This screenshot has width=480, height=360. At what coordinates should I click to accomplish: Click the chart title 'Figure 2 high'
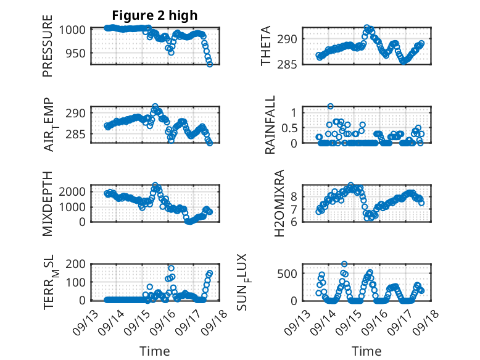pos(155,15)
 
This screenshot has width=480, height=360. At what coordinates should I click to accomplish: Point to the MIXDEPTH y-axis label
pos(48,204)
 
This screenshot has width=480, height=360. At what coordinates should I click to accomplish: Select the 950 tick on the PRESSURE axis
pos(77,54)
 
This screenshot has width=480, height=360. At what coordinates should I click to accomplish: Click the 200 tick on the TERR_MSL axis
pos(77,265)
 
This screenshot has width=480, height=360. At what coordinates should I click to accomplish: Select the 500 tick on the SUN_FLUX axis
pos(290,274)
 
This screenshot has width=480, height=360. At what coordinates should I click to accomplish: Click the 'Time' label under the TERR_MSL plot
pos(155,351)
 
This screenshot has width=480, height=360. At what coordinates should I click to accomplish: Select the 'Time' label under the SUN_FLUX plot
pos(366,351)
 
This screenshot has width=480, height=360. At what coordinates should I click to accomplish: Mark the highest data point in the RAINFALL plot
pos(331,107)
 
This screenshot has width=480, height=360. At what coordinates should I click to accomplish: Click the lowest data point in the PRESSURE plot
pos(210,64)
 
